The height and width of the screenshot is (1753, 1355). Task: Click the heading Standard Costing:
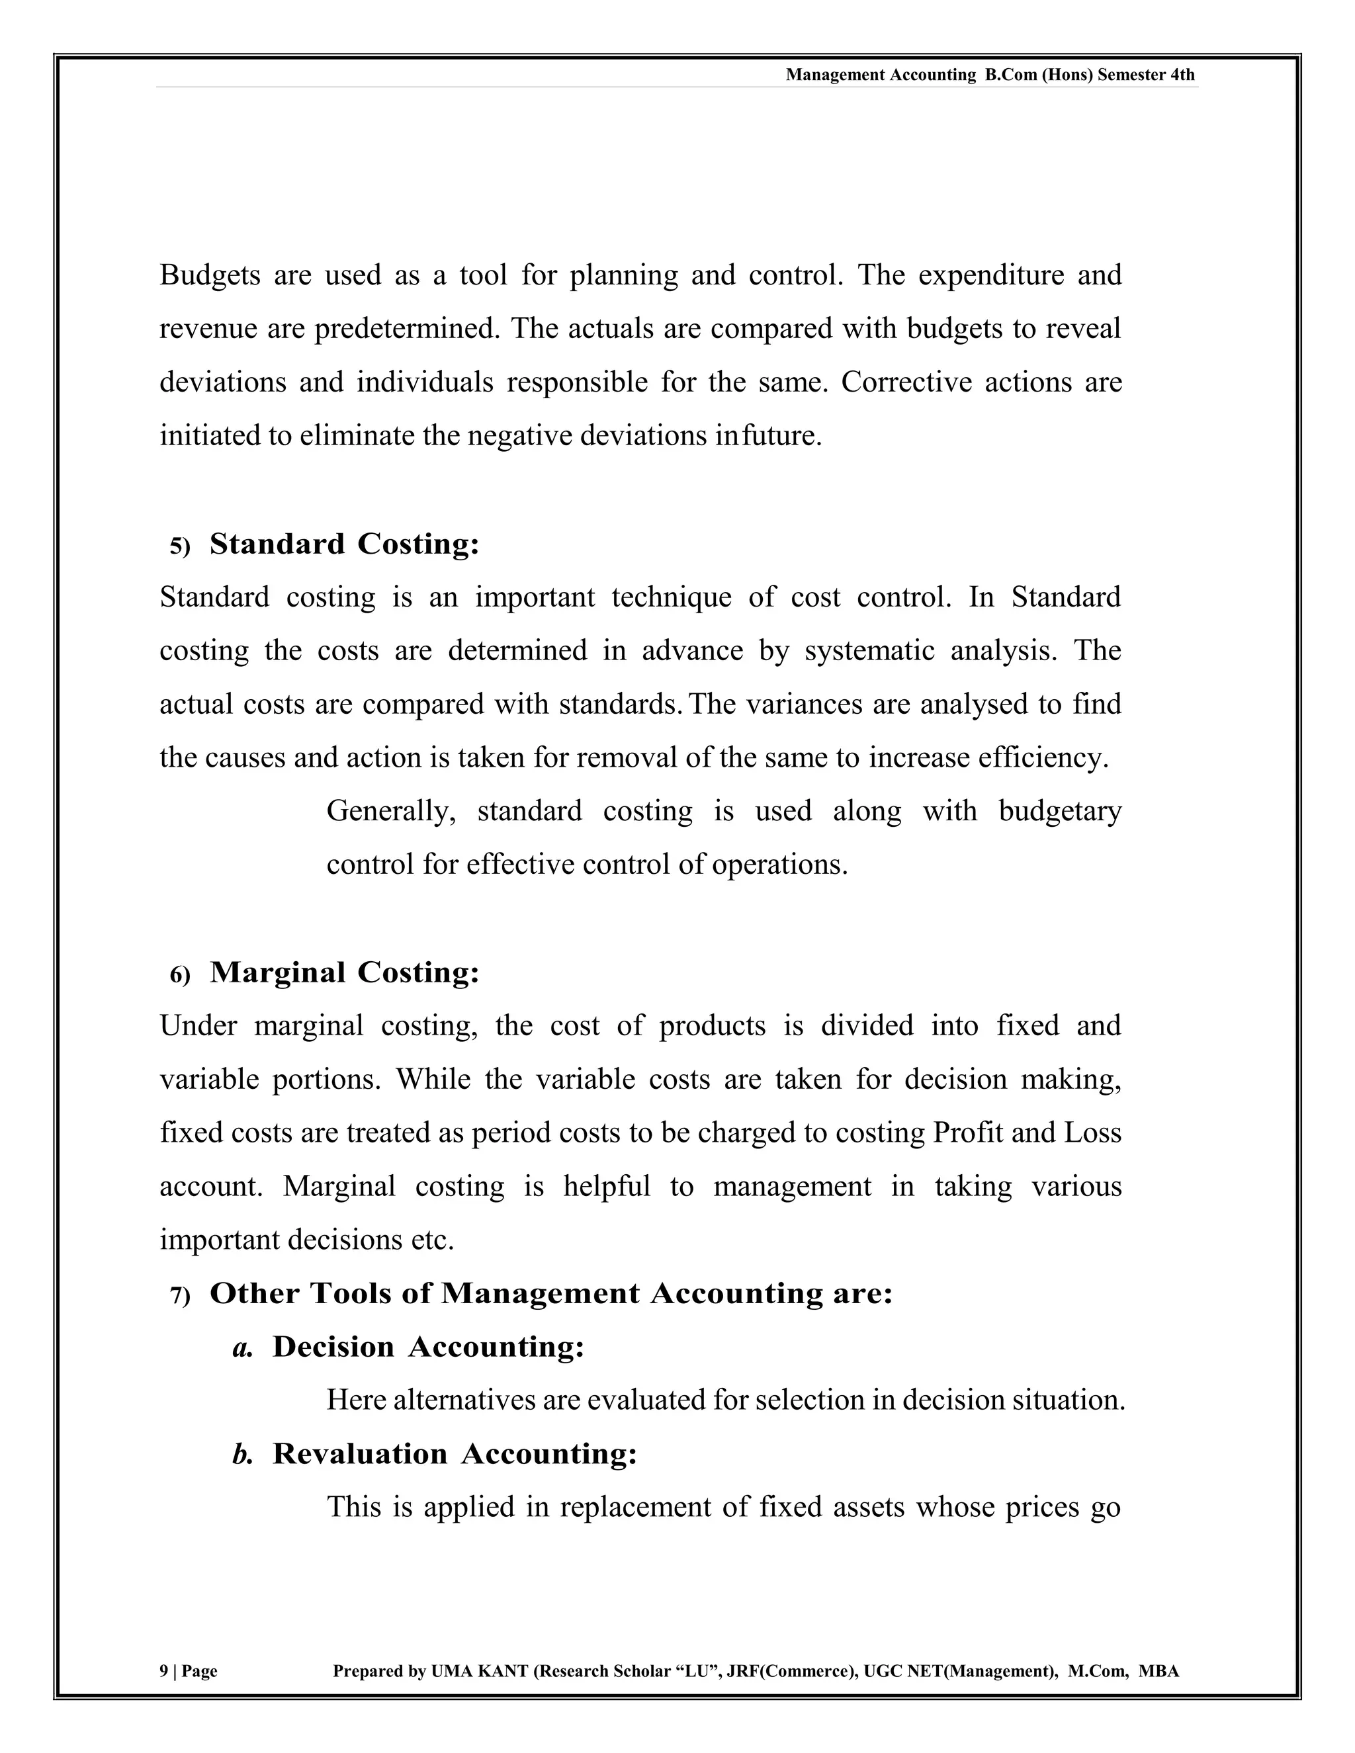[344, 544]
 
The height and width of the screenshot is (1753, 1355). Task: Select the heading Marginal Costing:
[344, 973]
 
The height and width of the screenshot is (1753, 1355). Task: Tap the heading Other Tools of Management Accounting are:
[550, 1294]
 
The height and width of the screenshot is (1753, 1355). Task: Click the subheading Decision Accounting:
[428, 1347]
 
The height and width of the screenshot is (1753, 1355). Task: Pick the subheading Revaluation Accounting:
[455, 1453]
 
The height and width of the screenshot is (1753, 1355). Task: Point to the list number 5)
[181, 546]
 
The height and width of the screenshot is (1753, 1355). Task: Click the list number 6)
[181, 975]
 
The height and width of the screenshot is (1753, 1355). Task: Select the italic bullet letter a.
[242, 1348]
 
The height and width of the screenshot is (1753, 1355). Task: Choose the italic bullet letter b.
[242, 1455]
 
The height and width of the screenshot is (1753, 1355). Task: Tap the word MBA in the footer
[1159, 1671]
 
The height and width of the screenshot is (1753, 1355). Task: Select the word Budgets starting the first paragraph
[210, 275]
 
